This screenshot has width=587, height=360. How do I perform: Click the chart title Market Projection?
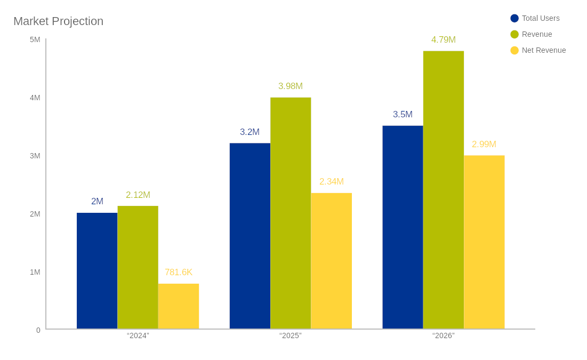point(58,21)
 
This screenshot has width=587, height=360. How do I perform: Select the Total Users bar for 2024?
point(97,271)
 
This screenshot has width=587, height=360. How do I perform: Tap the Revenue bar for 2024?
point(138,267)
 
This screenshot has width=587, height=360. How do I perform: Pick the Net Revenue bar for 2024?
point(179,306)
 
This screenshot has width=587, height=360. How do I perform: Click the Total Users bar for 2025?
point(250,236)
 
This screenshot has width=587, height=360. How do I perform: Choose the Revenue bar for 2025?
point(291,213)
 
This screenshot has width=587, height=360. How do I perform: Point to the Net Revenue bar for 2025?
point(331,261)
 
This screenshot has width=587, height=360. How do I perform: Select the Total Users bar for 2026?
point(403,227)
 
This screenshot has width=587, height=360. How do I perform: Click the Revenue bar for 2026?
point(444,190)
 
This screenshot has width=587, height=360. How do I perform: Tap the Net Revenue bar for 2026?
point(484,242)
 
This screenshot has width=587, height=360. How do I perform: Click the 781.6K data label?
point(179,273)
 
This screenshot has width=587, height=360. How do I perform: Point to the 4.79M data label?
point(444,40)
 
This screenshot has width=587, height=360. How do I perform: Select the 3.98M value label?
point(291,86)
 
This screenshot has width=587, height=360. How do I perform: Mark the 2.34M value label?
point(331,182)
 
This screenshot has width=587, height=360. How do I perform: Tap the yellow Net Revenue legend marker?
point(514,50)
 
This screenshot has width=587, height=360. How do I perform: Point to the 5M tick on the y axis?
point(35,39)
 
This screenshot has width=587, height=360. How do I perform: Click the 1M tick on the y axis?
point(35,272)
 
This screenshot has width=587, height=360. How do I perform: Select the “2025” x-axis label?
point(291,335)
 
